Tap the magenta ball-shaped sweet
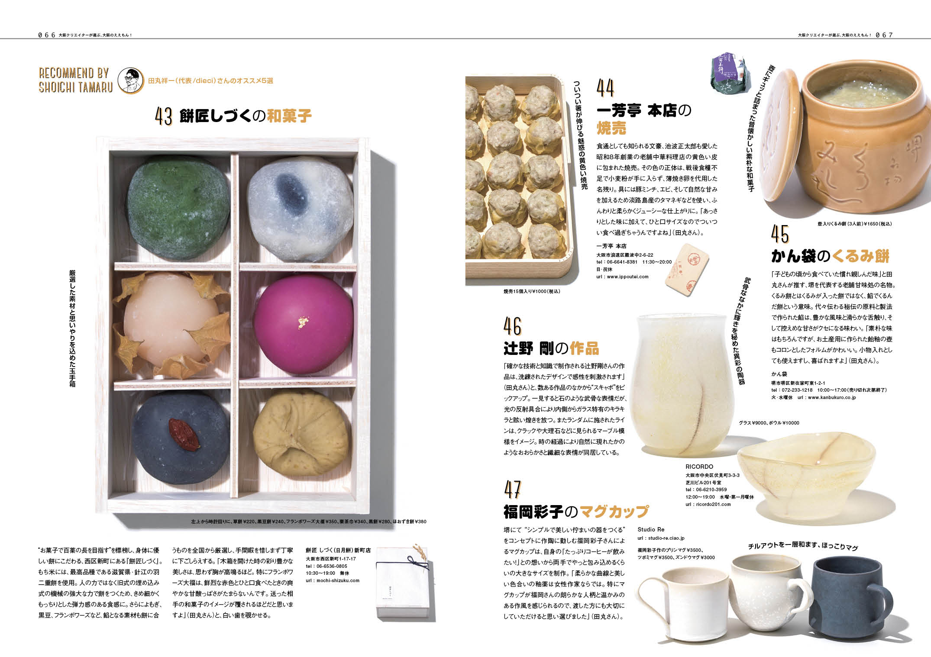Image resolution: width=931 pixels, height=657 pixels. coord(303,324)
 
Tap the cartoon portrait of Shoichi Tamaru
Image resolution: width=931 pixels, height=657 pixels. coord(131,80)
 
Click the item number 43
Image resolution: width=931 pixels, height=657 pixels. coord(164,116)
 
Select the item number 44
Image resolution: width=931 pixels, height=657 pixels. coord(605,88)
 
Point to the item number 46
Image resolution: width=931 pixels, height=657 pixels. coord(512,326)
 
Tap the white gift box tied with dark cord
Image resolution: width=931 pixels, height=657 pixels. coord(403,583)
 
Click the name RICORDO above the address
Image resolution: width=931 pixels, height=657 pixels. coord(699,467)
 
